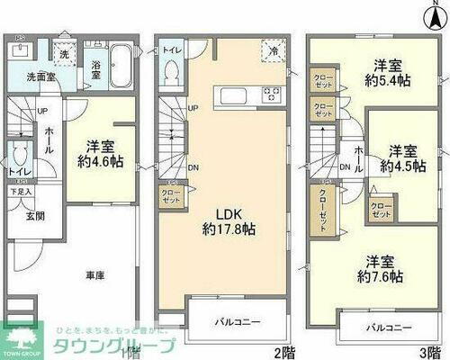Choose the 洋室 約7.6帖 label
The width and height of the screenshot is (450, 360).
coord(382,267)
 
